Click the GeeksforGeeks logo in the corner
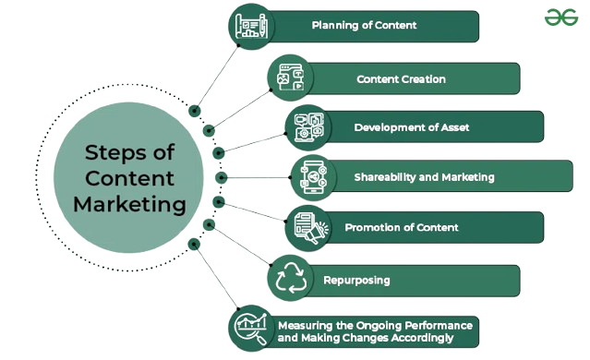pos(561,18)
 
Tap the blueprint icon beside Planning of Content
pos(251,26)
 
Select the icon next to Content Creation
pos(290,78)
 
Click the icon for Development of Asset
pos(308,127)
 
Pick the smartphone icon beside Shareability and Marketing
pos(313,177)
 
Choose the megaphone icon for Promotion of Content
pos(311,228)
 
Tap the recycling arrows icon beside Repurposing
pos(290,278)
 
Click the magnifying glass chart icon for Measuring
pos(250,329)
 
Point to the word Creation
pos(424,79)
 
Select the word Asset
pos(455,127)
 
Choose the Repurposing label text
pos(356,281)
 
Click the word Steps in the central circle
pos(114,152)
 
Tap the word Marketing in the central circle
pos(129,204)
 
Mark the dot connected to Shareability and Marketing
pos(222,177)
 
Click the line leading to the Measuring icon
pos(216,277)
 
